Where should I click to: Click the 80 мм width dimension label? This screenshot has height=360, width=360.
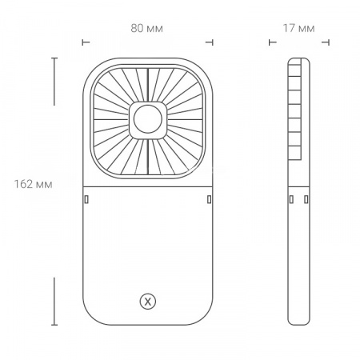147,28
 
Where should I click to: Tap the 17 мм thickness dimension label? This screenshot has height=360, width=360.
299,28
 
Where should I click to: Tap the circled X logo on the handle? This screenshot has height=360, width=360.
148,302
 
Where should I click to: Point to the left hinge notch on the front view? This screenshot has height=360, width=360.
88,198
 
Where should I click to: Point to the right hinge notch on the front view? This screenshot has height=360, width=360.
208,198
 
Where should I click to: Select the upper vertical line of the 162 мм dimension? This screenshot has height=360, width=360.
54,81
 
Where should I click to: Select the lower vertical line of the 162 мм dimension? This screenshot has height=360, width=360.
54,301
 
